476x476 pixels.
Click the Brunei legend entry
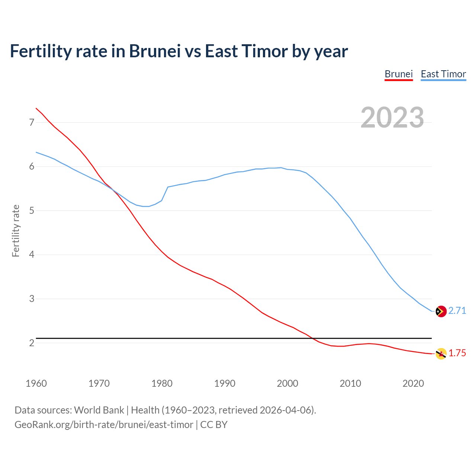[x=399, y=74]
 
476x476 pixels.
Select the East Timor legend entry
[x=443, y=74]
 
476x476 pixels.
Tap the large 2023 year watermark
[x=392, y=118]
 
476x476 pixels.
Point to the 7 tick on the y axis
[x=32, y=122]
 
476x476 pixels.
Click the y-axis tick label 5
[x=32, y=211]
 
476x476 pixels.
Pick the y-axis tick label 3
[x=32, y=299]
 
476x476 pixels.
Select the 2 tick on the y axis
[x=32, y=343]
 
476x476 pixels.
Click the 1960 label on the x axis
[x=36, y=383]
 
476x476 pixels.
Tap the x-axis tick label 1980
[x=162, y=383]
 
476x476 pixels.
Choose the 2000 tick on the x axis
[x=287, y=383]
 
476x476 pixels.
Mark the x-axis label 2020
[x=413, y=383]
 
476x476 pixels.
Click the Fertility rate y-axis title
[x=16, y=231]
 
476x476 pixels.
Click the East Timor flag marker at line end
[x=441, y=311]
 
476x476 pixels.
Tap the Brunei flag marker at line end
[x=441, y=354]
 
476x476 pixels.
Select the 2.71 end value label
[x=457, y=311]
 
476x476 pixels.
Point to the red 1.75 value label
[x=457, y=353]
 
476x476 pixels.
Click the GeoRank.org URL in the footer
[x=104, y=425]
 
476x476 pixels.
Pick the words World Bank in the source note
[x=99, y=410]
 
